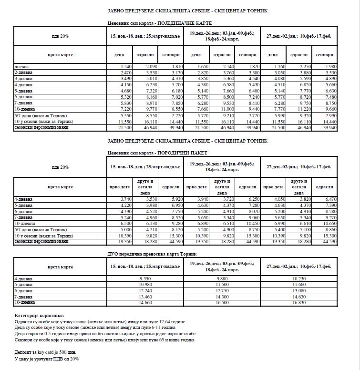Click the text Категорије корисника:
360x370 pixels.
(x=39, y=316)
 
